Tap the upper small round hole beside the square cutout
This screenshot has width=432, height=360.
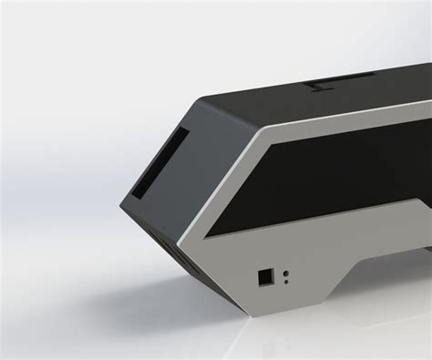click(287, 272)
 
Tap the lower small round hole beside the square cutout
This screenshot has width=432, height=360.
click(286, 282)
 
